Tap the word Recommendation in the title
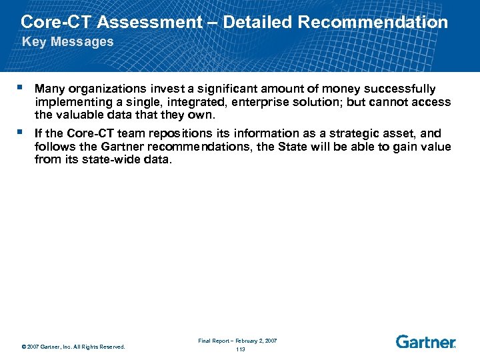coord(373,22)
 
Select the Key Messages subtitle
coord(68,42)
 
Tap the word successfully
coord(398,89)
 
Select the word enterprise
coord(249,102)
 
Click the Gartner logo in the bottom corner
coord(425,342)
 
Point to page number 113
coord(241,349)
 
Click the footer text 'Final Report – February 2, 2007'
coord(237,341)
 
